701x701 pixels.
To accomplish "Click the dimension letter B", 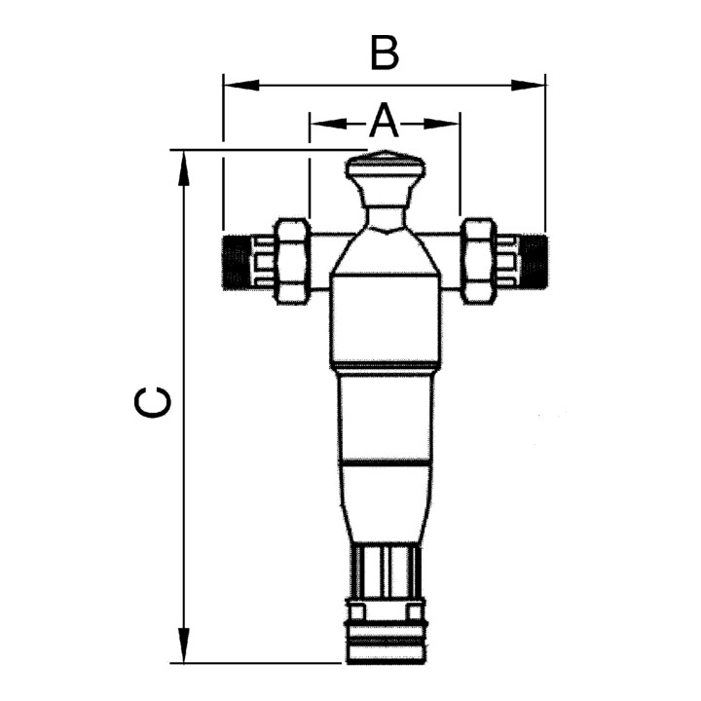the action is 385,55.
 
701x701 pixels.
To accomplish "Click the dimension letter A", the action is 384,120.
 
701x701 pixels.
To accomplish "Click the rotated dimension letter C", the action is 152,402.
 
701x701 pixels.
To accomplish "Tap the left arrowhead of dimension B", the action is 241,85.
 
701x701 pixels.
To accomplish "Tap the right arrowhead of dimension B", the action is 528,85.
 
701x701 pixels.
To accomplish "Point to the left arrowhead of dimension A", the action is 328,124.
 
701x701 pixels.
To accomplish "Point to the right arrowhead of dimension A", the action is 441,124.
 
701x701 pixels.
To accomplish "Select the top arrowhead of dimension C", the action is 183,167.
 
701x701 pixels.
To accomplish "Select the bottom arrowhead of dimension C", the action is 183,646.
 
